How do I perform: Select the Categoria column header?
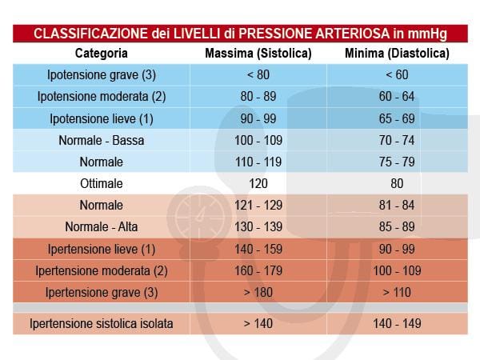pyautogui.click(x=101, y=54)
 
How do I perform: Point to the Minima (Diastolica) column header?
pyautogui.click(x=397, y=54)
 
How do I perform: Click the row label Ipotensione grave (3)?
pyautogui.click(x=101, y=75)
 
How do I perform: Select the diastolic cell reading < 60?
pyautogui.click(x=397, y=75)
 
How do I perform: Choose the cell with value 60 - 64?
pyautogui.click(x=397, y=97)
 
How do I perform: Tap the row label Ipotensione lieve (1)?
pyautogui.click(x=101, y=118)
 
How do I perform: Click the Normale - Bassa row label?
pyautogui.click(x=101, y=140)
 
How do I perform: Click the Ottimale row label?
pyautogui.click(x=101, y=183)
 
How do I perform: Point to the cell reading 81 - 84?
pyautogui.click(x=397, y=205)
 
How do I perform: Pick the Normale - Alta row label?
pyautogui.click(x=101, y=226)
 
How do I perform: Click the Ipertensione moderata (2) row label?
pyautogui.click(x=101, y=270)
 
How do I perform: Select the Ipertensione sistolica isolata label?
pyautogui.click(x=101, y=324)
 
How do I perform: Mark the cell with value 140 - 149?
pyautogui.click(x=397, y=324)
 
